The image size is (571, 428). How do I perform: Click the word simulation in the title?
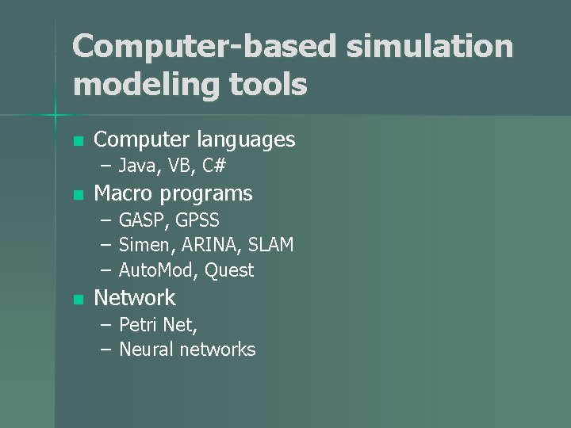pos(430,47)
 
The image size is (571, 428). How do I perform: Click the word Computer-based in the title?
pos(205,47)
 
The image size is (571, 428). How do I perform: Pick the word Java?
pos(136,166)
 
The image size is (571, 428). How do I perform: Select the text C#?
pos(214,166)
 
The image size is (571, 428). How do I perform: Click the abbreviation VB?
pos(178,166)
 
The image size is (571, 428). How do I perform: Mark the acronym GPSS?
pos(197,220)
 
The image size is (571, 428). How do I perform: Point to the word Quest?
pos(229,271)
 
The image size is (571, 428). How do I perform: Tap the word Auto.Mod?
pos(158,271)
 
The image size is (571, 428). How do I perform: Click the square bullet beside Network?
pos(77,300)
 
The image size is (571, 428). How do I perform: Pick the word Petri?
pos(138,324)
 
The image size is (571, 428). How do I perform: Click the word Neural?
pos(148,350)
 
